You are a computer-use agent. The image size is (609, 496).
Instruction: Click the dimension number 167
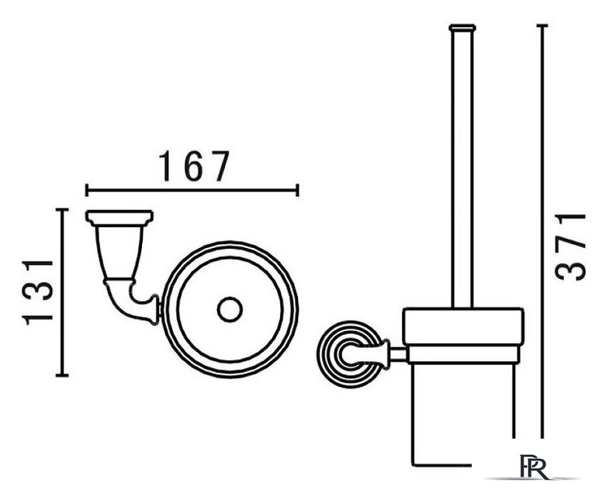coord(194,167)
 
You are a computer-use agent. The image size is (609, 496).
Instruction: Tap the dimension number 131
coord(37,293)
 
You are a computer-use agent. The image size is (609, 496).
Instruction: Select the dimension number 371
coord(570,246)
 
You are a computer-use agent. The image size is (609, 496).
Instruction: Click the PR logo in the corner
coord(535,467)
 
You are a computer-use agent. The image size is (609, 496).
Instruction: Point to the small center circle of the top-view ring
coord(230,309)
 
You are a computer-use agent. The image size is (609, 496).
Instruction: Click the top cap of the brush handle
coord(462,27)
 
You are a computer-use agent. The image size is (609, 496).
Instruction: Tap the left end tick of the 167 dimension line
coord(87,191)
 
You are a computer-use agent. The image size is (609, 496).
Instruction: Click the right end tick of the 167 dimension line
coord(297,191)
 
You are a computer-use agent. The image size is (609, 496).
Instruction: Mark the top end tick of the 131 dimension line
coord(62,209)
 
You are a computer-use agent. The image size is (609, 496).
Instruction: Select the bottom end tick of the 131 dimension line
coord(62,375)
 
